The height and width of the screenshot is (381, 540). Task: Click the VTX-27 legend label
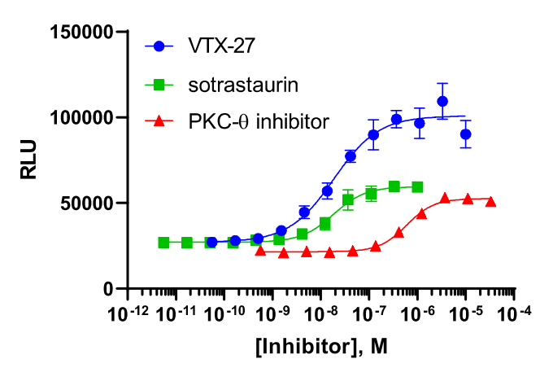pos(221,46)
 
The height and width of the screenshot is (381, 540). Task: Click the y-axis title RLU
pos(29,160)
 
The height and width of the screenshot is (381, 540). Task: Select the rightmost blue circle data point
pos(465,134)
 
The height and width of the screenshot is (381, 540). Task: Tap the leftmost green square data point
pos(163,243)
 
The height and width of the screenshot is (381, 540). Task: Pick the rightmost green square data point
pos(417,186)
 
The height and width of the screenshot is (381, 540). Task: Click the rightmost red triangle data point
pos(490,202)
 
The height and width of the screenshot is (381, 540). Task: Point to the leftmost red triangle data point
pos(260,251)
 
